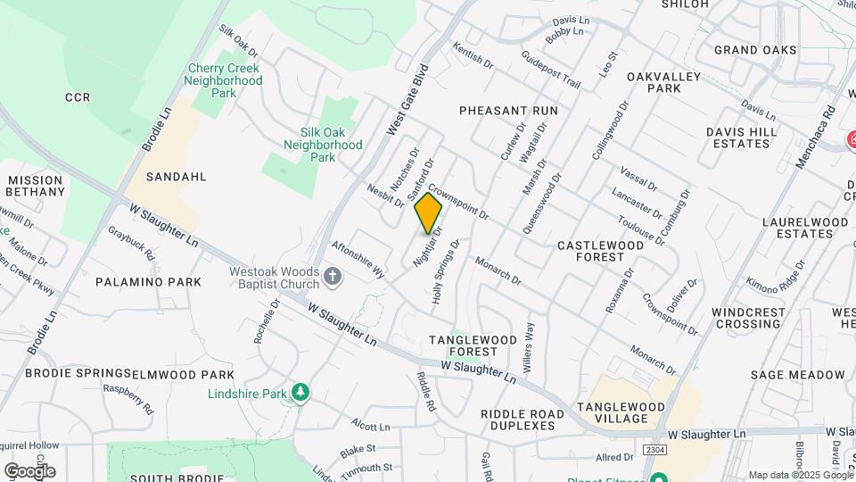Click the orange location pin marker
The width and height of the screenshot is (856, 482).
coord(428,213)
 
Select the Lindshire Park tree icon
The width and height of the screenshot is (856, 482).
coord(301,393)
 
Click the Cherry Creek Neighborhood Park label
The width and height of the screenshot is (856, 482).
coord(223,80)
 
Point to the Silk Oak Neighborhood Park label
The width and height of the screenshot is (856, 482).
coord(324,145)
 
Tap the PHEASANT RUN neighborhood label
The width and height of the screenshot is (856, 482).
coord(508,111)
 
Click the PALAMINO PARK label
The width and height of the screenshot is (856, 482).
coord(148,282)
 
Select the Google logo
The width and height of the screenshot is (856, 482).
coord(29,470)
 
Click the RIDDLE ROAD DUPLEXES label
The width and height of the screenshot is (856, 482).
coord(523,420)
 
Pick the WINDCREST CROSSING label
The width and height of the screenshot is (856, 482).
coord(747,319)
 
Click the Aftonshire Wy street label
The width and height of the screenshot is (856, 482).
coord(358,258)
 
